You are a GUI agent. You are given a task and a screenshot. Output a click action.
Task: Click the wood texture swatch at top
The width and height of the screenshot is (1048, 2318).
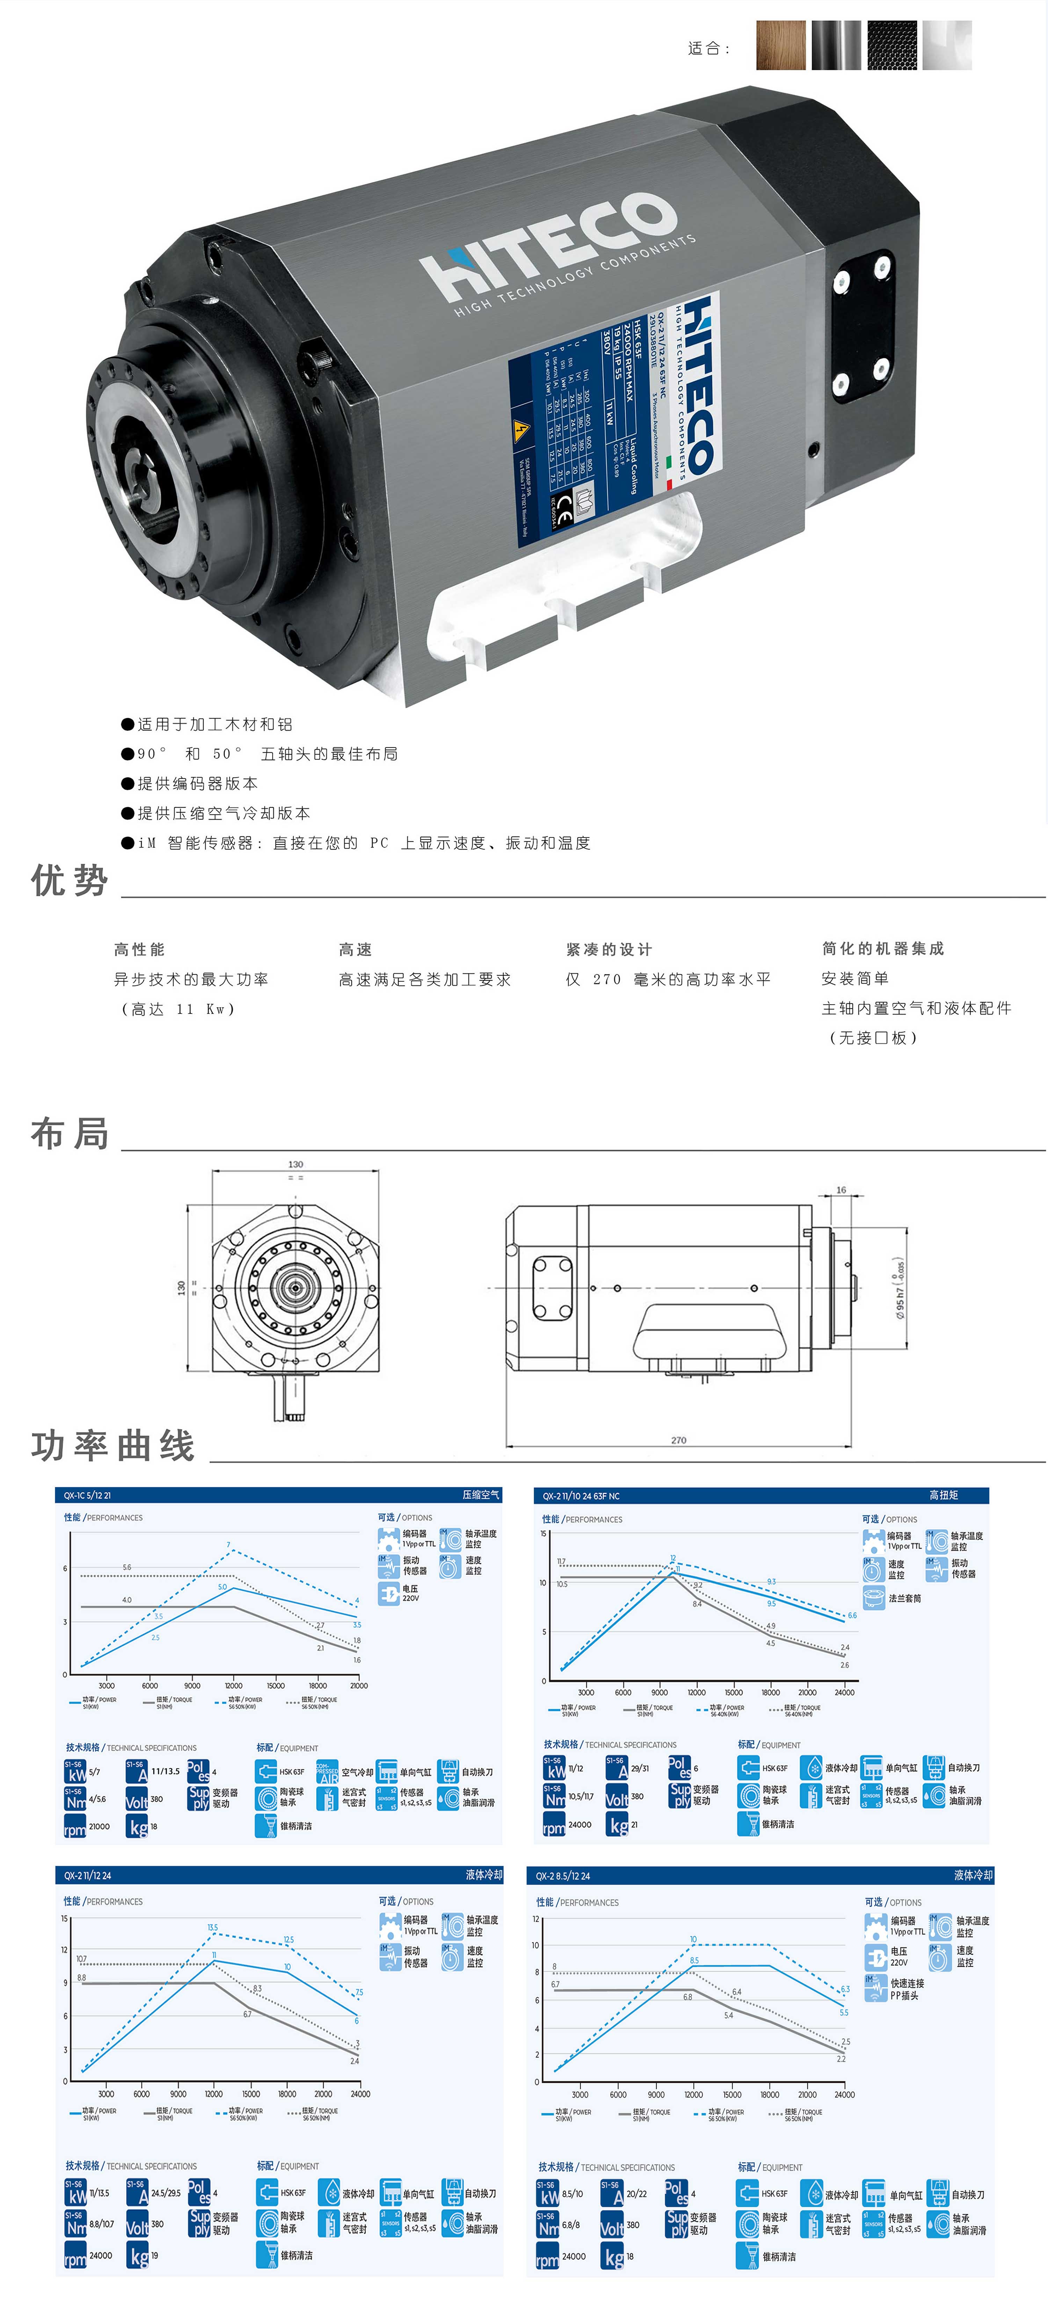[x=780, y=45]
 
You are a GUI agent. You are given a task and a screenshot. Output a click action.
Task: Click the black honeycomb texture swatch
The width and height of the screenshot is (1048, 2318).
[x=891, y=45]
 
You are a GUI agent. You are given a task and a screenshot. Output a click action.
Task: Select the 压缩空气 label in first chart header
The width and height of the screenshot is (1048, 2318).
[x=480, y=1495]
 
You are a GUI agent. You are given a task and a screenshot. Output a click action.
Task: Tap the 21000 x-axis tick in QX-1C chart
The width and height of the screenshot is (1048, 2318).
[x=358, y=1685]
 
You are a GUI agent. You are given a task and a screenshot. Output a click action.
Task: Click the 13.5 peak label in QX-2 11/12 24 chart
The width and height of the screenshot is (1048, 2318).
[x=212, y=1928]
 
